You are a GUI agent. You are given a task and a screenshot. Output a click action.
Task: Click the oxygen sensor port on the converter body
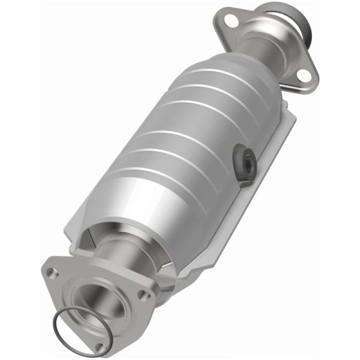coord(243,160)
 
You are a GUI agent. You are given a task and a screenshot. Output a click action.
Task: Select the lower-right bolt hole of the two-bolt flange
coord(304,75)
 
